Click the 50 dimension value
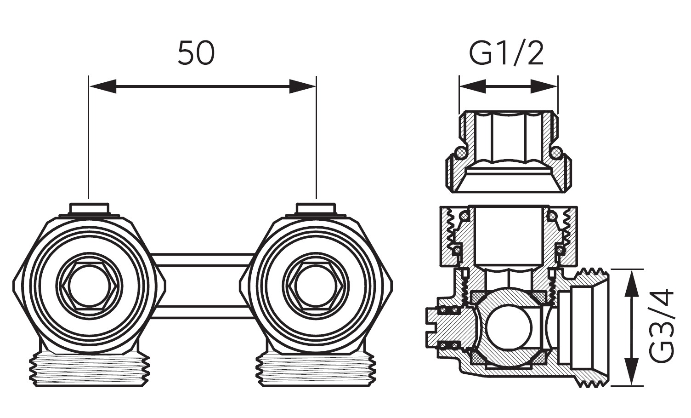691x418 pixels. [x=196, y=53]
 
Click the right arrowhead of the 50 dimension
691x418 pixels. [x=303, y=86]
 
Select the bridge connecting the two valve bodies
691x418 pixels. [x=203, y=285]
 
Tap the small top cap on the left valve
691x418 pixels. [x=90, y=209]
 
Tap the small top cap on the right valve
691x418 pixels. [x=316, y=209]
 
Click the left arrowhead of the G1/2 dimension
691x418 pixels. [x=471, y=86]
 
